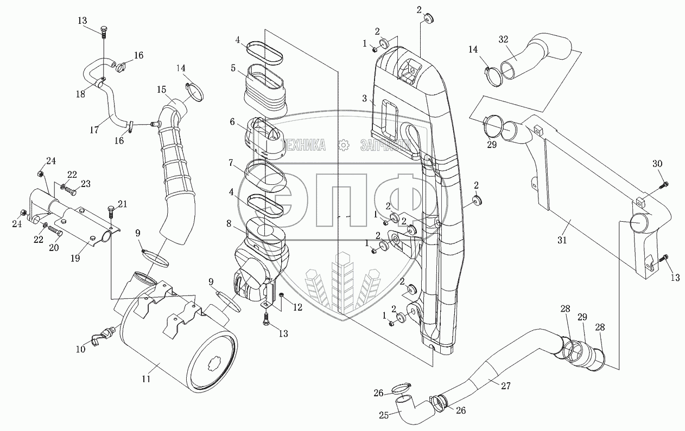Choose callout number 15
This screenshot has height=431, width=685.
point(162,89)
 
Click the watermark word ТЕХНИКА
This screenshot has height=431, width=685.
point(305,145)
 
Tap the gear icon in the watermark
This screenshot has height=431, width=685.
point(342,145)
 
